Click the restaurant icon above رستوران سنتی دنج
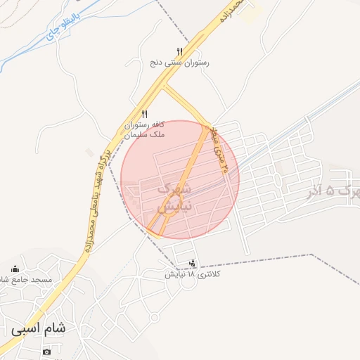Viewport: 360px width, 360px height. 179,51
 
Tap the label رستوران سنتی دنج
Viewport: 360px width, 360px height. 179,63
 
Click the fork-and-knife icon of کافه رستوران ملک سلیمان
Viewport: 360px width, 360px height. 144,114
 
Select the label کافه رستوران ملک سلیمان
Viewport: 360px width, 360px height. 143,129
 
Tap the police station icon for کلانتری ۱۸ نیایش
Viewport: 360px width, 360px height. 192,264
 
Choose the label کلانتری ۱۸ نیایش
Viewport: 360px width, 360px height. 189,274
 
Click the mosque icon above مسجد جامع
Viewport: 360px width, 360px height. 15,269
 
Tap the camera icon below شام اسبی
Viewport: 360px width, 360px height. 46,352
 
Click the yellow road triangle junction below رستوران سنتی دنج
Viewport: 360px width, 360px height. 166,89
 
